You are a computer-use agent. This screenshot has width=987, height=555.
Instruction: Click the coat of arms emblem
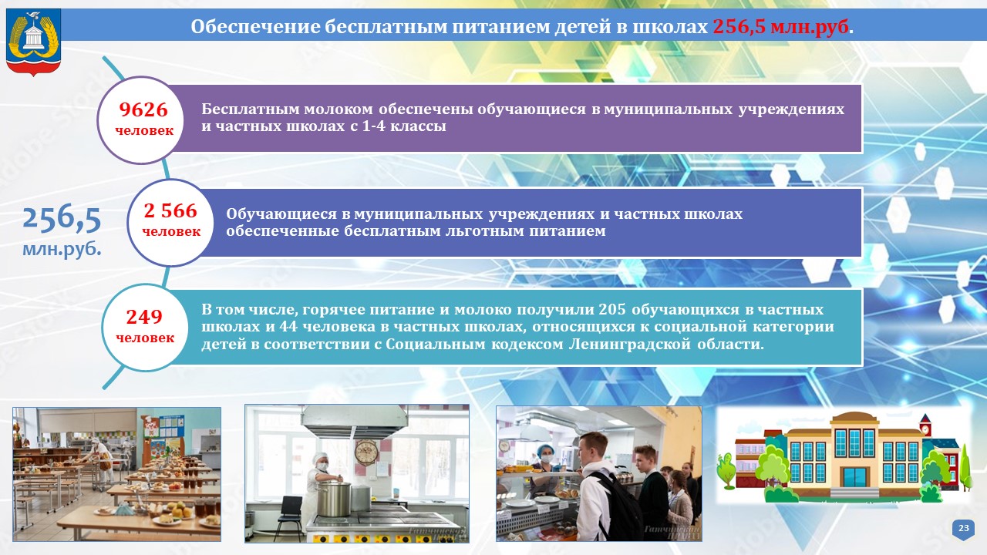tap(33, 42)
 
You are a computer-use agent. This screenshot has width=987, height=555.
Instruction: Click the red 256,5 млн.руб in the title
tap(780, 27)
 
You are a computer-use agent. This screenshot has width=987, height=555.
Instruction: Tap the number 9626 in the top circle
tap(143, 109)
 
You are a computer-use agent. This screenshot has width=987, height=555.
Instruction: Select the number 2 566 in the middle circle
tap(170, 211)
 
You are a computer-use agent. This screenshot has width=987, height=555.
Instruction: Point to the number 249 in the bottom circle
tap(144, 317)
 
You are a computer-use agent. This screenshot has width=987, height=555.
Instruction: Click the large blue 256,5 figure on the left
tap(62, 220)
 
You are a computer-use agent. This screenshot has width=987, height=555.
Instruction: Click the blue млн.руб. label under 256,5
tap(62, 249)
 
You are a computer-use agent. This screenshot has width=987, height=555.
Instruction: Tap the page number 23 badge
tap(964, 529)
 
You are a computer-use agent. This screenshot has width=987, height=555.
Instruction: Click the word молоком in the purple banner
tap(338, 109)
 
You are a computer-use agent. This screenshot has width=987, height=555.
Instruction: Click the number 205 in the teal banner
tap(612, 309)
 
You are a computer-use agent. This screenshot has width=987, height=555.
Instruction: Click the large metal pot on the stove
tap(334, 499)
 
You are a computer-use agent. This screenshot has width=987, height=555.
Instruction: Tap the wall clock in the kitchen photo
tap(366, 451)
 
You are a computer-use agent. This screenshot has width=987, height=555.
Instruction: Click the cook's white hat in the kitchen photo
tap(319, 458)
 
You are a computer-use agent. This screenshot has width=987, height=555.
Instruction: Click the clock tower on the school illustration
tap(925, 426)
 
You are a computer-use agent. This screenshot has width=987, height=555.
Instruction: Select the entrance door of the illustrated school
tap(854, 477)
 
